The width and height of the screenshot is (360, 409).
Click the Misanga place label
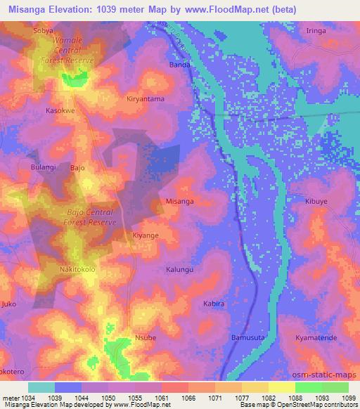(179, 201)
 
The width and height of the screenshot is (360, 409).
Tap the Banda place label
(180, 65)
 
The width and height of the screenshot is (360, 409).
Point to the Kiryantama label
(146, 99)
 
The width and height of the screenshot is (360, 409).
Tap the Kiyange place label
(146, 235)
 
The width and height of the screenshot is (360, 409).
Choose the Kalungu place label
(179, 269)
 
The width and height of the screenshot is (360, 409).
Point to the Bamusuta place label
(247, 338)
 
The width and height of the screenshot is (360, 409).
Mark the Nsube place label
(146, 338)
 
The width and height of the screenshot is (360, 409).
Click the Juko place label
(9, 304)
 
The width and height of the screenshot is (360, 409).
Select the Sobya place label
(43, 32)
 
